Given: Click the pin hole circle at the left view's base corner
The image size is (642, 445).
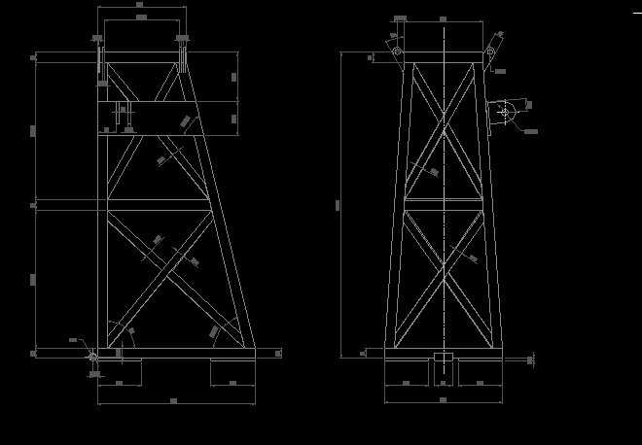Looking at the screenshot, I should point(93,357).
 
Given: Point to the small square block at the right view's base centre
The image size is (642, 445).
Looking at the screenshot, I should point(444,361).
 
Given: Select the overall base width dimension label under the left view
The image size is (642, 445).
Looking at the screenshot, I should point(173,400).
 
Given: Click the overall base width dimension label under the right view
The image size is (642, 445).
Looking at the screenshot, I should point(443,399).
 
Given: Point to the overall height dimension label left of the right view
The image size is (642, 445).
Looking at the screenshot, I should point(339,204).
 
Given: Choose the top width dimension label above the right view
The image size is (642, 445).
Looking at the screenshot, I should point(444,18).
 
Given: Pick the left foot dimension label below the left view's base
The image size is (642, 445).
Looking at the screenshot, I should point(119,384).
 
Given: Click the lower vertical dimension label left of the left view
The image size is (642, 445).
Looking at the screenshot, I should point(33,279).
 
